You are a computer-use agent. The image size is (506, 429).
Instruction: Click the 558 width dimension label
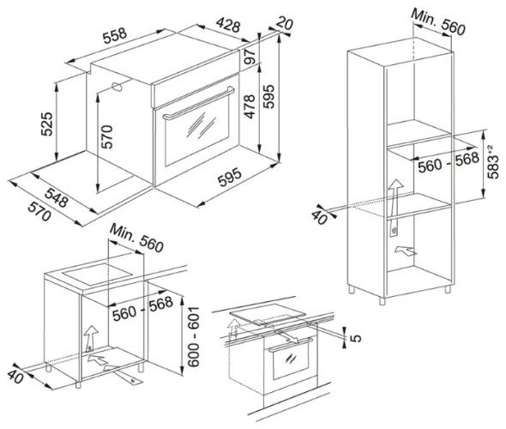point(115,35)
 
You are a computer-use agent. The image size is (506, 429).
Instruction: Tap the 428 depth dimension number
point(228,25)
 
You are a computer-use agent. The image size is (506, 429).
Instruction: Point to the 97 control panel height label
point(250,57)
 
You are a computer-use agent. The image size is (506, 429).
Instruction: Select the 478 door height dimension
point(249,106)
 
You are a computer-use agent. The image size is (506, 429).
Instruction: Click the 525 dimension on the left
point(46,124)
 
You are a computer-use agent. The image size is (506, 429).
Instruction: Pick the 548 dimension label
point(57,197)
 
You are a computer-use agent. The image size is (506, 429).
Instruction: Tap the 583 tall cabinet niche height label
point(494,162)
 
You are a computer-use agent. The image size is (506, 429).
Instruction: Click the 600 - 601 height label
point(193,336)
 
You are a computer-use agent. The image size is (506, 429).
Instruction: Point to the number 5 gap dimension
point(355,338)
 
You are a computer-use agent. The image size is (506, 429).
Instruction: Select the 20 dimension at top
point(285,23)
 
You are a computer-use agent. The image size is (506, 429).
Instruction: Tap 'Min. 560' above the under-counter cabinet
point(137,238)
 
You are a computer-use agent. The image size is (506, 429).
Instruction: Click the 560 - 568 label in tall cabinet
point(449,162)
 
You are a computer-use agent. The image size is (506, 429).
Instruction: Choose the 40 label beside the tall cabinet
point(320,218)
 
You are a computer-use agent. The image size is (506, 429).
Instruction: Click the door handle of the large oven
point(199,104)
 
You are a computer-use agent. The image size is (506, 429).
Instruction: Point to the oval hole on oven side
point(117,87)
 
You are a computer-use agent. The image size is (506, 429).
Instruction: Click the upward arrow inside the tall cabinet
point(395,200)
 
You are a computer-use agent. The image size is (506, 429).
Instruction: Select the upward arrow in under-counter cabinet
point(91,339)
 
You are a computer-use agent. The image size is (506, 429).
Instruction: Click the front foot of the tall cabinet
point(383,301)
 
